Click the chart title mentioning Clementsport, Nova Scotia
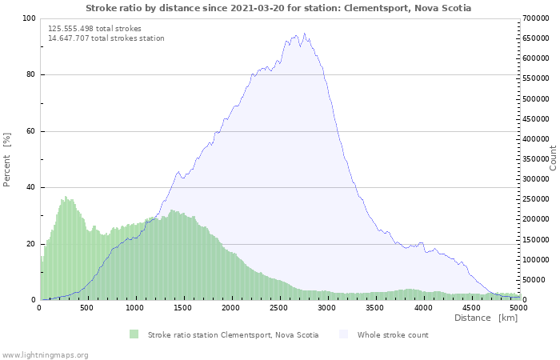click(x=278, y=8)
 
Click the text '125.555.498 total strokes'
click(x=94, y=29)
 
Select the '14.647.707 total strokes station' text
click(x=106, y=38)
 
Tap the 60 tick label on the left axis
click(x=31, y=131)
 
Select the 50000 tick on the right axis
click(x=535, y=280)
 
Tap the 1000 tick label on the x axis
click(x=135, y=307)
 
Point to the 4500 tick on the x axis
click(x=471, y=307)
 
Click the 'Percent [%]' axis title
click(x=7, y=159)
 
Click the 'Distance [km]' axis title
click(x=486, y=318)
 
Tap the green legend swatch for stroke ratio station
click(x=134, y=334)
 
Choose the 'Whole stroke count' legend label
click(x=393, y=335)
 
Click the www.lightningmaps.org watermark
click(x=45, y=354)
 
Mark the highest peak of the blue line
click(x=304, y=34)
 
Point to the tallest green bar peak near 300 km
click(x=66, y=196)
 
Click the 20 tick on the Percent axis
click(x=31, y=244)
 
